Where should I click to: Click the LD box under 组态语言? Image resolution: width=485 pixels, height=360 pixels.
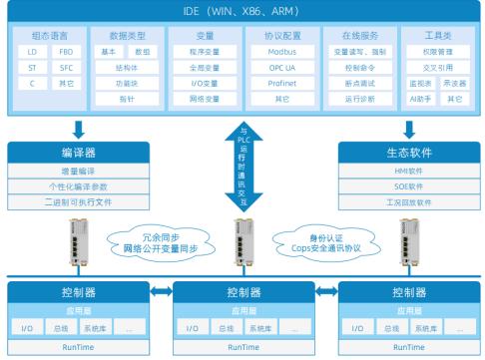point(33,50)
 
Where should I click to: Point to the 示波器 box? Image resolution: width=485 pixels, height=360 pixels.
point(454,83)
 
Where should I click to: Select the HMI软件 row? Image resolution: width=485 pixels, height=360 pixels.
point(410,171)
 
